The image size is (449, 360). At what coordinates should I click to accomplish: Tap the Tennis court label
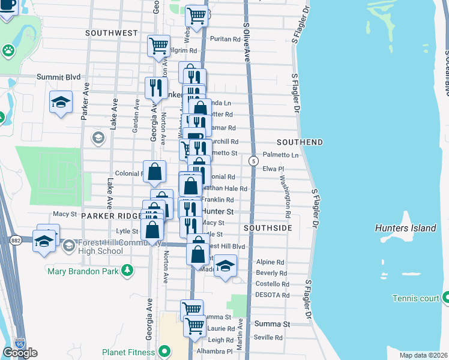(415, 298)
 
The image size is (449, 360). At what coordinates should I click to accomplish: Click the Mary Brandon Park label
(83, 270)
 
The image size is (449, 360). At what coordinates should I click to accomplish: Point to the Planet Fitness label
(128, 352)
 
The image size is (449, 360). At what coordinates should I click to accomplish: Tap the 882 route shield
(15, 240)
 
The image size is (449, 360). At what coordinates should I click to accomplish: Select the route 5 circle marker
(254, 161)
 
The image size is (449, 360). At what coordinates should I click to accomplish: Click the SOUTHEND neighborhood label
(300, 142)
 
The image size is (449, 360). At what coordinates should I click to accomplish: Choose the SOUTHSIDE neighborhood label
(268, 229)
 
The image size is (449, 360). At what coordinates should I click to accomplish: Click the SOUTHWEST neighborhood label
(112, 32)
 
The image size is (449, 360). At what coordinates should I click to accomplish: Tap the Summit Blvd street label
(58, 77)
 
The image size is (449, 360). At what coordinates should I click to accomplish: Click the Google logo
(20, 353)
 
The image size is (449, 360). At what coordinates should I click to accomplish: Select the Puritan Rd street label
(224, 39)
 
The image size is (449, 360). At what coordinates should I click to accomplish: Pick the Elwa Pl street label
(273, 169)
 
